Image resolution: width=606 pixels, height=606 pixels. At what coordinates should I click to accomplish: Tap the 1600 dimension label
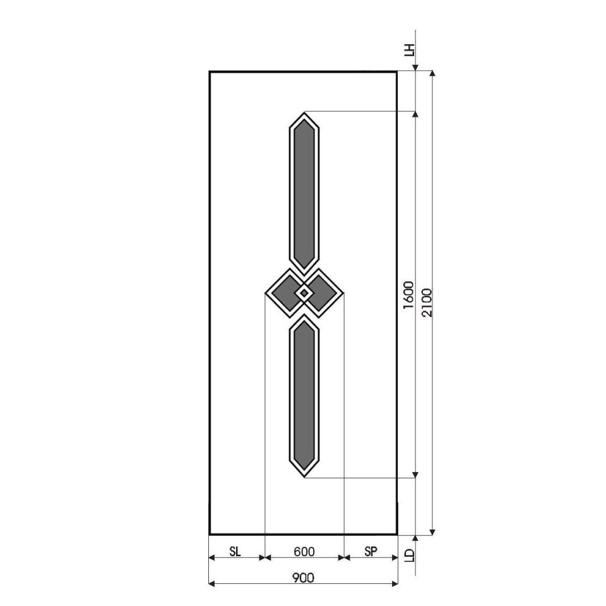pyautogui.click(x=408, y=295)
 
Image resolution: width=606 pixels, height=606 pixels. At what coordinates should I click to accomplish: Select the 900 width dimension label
pyautogui.click(x=303, y=578)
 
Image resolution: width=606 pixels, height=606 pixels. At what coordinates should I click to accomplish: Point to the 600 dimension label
pyautogui.click(x=304, y=552)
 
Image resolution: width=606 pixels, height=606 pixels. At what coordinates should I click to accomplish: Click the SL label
pyautogui.click(x=235, y=552)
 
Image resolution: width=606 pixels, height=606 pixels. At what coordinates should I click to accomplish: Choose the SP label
pyautogui.click(x=371, y=552)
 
